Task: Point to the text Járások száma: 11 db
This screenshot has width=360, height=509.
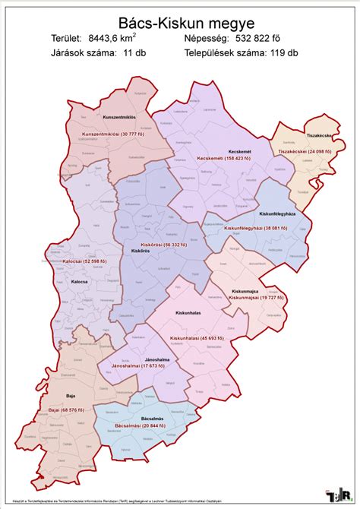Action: point(93,53)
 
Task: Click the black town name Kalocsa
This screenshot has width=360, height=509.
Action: point(80,282)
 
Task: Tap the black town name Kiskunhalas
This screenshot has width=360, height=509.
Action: point(188,312)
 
